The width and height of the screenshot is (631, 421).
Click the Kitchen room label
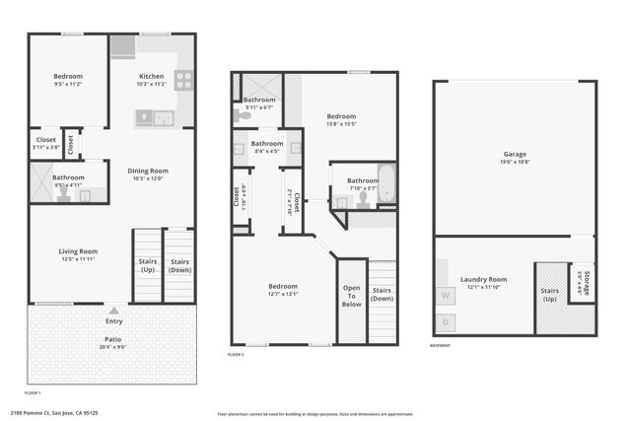pos(151,76)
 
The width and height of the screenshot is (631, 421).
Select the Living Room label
pos(78,251)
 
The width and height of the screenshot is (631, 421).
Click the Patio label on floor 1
pos(114,338)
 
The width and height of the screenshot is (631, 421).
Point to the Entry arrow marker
pos(114,310)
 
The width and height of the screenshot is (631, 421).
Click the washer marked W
pos(446,294)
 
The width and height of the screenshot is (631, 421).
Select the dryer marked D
pos(446,321)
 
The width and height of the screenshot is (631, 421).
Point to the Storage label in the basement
pos(586,283)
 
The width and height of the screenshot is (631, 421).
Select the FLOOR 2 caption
pos(236,354)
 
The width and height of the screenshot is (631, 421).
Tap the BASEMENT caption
pos(442,346)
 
